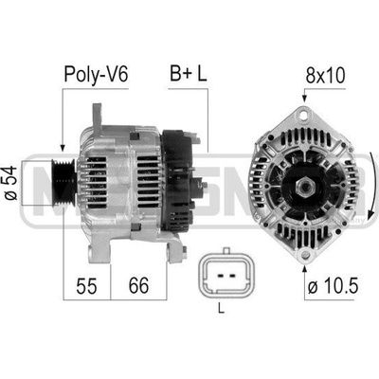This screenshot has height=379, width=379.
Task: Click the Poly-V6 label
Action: pos(96,75)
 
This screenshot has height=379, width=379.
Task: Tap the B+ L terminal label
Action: pos(189,73)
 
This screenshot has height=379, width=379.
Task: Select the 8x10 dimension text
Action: pos(325,76)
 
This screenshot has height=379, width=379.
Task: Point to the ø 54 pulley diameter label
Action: pos(11,183)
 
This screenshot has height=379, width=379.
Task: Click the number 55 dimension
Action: pos(86,285)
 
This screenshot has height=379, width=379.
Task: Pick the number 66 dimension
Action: pos(138,285)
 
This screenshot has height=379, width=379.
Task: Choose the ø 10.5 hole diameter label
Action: pos(334,286)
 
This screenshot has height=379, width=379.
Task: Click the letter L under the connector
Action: pos(222,308)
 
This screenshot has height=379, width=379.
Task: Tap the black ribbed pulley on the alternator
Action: pos(63,183)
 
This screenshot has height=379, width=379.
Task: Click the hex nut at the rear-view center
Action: pos(304,188)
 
